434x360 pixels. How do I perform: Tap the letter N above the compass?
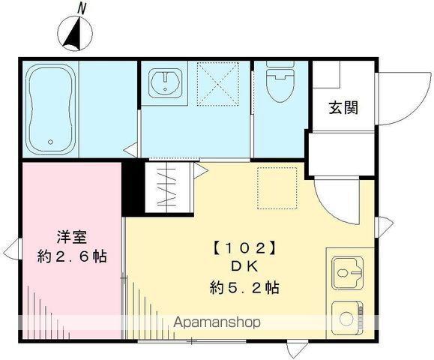point(82,7)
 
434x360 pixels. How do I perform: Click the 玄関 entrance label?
point(342,107)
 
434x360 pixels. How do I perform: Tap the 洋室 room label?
point(73,239)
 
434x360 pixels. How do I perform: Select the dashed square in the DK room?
point(277,187)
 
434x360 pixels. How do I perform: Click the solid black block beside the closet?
point(132,187)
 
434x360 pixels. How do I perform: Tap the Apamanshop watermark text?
point(217,322)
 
